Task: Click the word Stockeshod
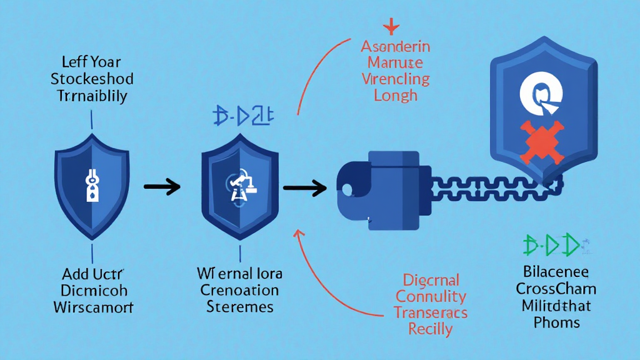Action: pyautogui.click(x=92, y=79)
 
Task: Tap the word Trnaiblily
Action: pyautogui.click(x=92, y=96)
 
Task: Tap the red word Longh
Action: pyautogui.click(x=395, y=96)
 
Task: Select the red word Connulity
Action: pyautogui.click(x=431, y=296)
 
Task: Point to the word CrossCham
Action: pyautogui.click(x=556, y=289)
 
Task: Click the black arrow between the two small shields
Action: pyautogui.click(x=162, y=186)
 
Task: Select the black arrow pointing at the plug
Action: pyautogui.click(x=304, y=186)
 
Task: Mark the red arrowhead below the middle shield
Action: pyautogui.click(x=297, y=233)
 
